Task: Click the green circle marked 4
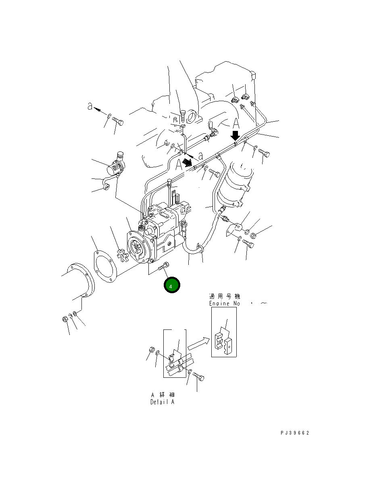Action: [172, 286]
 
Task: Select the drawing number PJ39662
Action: [295, 433]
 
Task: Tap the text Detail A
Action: [162, 402]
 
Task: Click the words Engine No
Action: [225, 303]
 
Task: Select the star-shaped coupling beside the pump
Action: [121, 255]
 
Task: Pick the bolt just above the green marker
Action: [165, 266]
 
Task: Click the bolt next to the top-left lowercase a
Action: [117, 120]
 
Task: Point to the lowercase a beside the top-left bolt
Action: [91, 106]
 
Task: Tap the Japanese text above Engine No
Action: [225, 296]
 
